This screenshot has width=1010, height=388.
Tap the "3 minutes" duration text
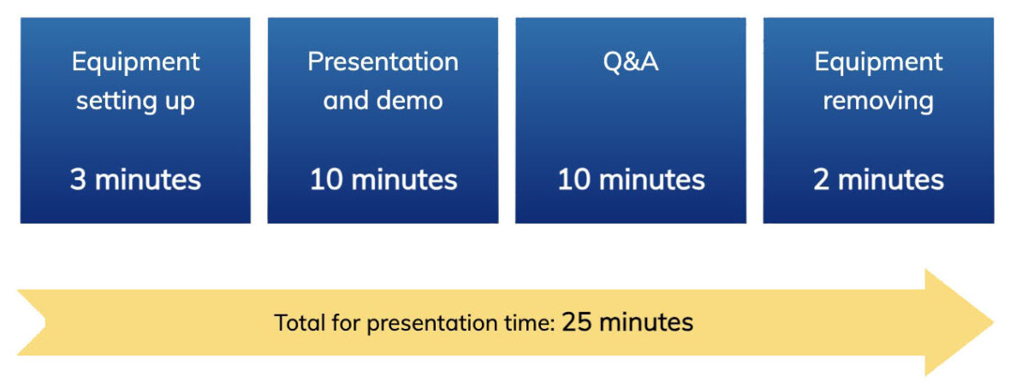[x=136, y=180]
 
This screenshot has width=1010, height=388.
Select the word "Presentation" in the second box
[x=383, y=62]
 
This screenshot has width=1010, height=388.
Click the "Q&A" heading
[x=632, y=62]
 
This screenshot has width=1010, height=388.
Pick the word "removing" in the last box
[x=878, y=102]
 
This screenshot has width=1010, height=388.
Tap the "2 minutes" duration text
[x=878, y=180]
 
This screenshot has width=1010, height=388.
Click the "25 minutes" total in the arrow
[x=628, y=321]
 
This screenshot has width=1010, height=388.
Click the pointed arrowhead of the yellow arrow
[x=992, y=321]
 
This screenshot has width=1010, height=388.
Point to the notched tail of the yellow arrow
[x=44, y=321]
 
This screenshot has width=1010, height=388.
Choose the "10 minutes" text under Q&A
[x=632, y=180]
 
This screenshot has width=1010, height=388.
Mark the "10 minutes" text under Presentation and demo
[x=384, y=180]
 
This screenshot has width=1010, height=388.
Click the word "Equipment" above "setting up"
[x=136, y=63]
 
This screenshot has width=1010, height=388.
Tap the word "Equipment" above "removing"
[x=878, y=63]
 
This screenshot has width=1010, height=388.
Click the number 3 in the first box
[x=78, y=180]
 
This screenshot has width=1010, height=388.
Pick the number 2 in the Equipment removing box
[x=822, y=180]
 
